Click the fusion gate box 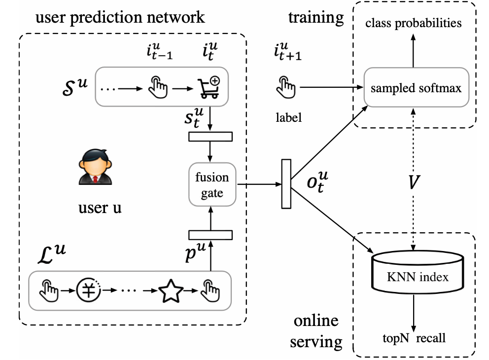[x=212, y=185]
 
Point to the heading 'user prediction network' [x=119, y=18]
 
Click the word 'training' [x=316, y=18]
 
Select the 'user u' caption [x=100, y=207]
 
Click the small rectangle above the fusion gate [x=210, y=136]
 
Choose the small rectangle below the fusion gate [x=210, y=234]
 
